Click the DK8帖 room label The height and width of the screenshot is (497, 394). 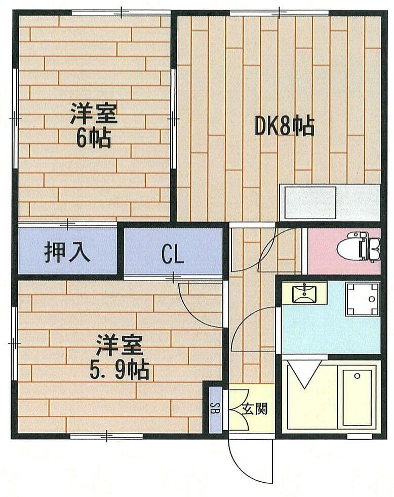coord(285,127)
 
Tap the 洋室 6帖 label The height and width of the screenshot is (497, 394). coord(94,126)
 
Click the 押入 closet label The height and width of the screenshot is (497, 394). coord(67,252)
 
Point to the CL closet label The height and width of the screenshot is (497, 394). coord(173,255)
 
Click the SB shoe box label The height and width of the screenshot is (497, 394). coord(216,409)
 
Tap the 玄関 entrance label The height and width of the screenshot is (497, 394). coord(255,409)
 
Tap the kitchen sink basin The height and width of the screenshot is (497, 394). coord(310,202)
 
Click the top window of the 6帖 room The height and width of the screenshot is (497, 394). coord(121,13)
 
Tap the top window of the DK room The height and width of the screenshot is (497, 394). coord(279,13)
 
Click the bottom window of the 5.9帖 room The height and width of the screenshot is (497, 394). coord(106,437)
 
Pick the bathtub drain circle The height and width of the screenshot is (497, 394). coord(358,376)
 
